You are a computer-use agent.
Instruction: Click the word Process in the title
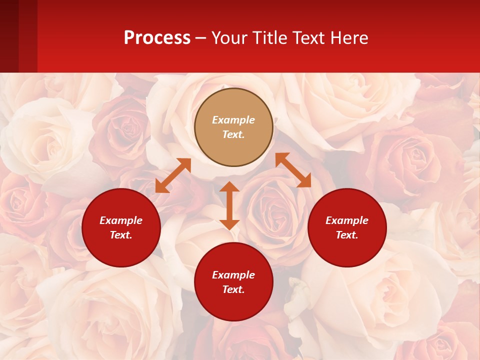coord(157,38)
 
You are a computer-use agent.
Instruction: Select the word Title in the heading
coord(270,38)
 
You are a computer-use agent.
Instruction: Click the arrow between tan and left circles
coord(173,175)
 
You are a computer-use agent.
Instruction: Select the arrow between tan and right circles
coord(293,170)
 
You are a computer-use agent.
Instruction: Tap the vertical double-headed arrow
coord(229,205)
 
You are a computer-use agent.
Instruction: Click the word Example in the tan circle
coord(233,120)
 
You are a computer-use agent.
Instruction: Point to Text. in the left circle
coord(121,235)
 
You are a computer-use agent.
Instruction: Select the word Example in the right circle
coord(347,220)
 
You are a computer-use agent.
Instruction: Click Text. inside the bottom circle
coord(233,289)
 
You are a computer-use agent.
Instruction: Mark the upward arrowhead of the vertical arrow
coord(229,187)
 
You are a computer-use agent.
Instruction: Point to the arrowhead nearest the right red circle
coord(304,181)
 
